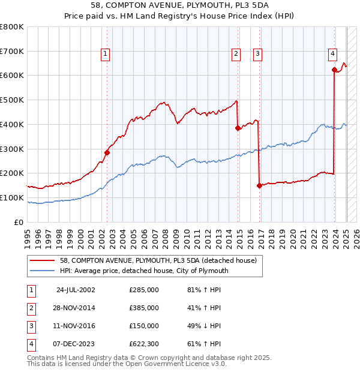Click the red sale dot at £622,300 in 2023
click(334, 70)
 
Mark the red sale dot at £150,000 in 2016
click(259, 185)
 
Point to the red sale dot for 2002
click(107, 152)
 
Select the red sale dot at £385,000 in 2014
click(238, 128)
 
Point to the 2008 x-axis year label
click(165, 235)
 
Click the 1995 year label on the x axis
click(27, 235)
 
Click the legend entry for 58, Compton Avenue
click(158, 260)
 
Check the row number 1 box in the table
click(31, 290)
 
